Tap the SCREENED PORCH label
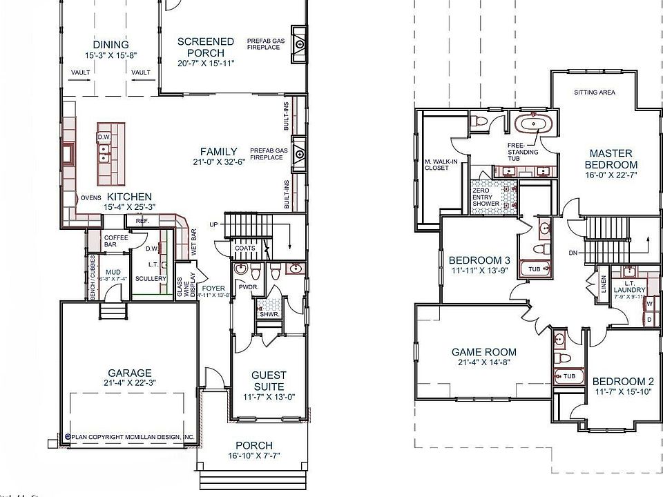[x=205, y=47]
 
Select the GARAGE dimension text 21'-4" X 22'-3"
[x=129, y=384]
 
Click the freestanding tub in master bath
[x=532, y=126]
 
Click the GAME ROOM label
[x=483, y=351]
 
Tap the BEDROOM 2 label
[x=623, y=382]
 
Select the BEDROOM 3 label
[x=479, y=260]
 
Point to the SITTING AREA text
[x=595, y=92]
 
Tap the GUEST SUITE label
[x=269, y=380]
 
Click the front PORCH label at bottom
[x=253, y=445]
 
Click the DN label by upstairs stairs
[x=573, y=253]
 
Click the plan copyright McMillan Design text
[x=130, y=437]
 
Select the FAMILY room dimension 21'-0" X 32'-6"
[x=219, y=163]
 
